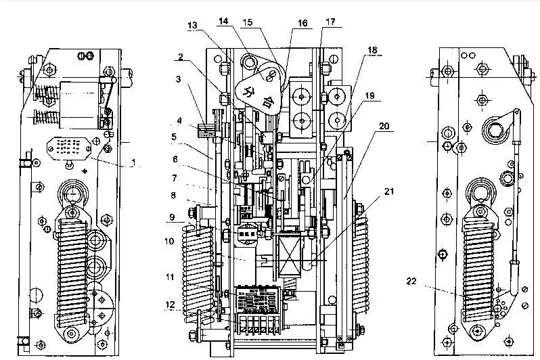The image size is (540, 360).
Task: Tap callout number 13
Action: pyautogui.click(x=193, y=25)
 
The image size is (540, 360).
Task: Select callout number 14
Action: pyautogui.click(x=223, y=22)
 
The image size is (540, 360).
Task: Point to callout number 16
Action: pyautogui.click(x=302, y=23)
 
